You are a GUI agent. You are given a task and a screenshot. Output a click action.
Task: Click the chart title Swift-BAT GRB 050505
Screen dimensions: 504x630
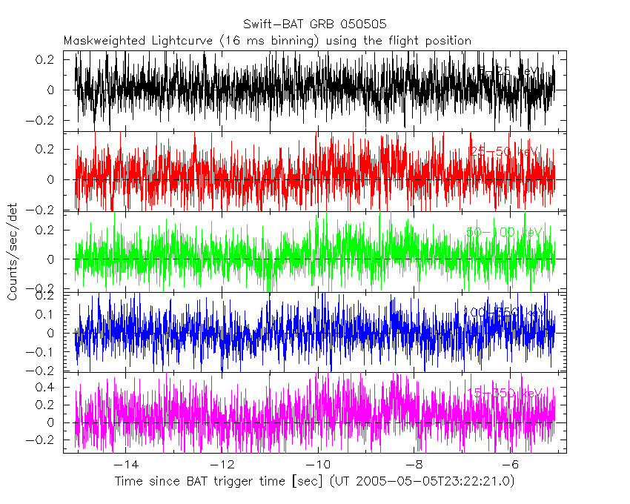coord(314,24)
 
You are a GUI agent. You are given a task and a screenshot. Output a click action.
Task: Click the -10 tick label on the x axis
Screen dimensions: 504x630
coord(317,464)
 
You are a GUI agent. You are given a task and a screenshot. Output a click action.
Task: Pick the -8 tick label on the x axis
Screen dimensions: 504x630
coord(414,464)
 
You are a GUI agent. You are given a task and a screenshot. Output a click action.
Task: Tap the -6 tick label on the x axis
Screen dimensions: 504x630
coord(510,464)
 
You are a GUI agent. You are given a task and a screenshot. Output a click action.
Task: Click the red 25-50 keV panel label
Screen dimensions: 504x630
coord(505,151)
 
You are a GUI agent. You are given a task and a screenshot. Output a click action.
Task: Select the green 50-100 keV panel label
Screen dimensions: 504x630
coord(504,232)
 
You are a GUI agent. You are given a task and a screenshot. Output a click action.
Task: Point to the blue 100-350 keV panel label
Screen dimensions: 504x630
coord(503,313)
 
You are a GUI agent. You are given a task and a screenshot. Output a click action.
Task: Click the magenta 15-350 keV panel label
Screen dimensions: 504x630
coord(504,392)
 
